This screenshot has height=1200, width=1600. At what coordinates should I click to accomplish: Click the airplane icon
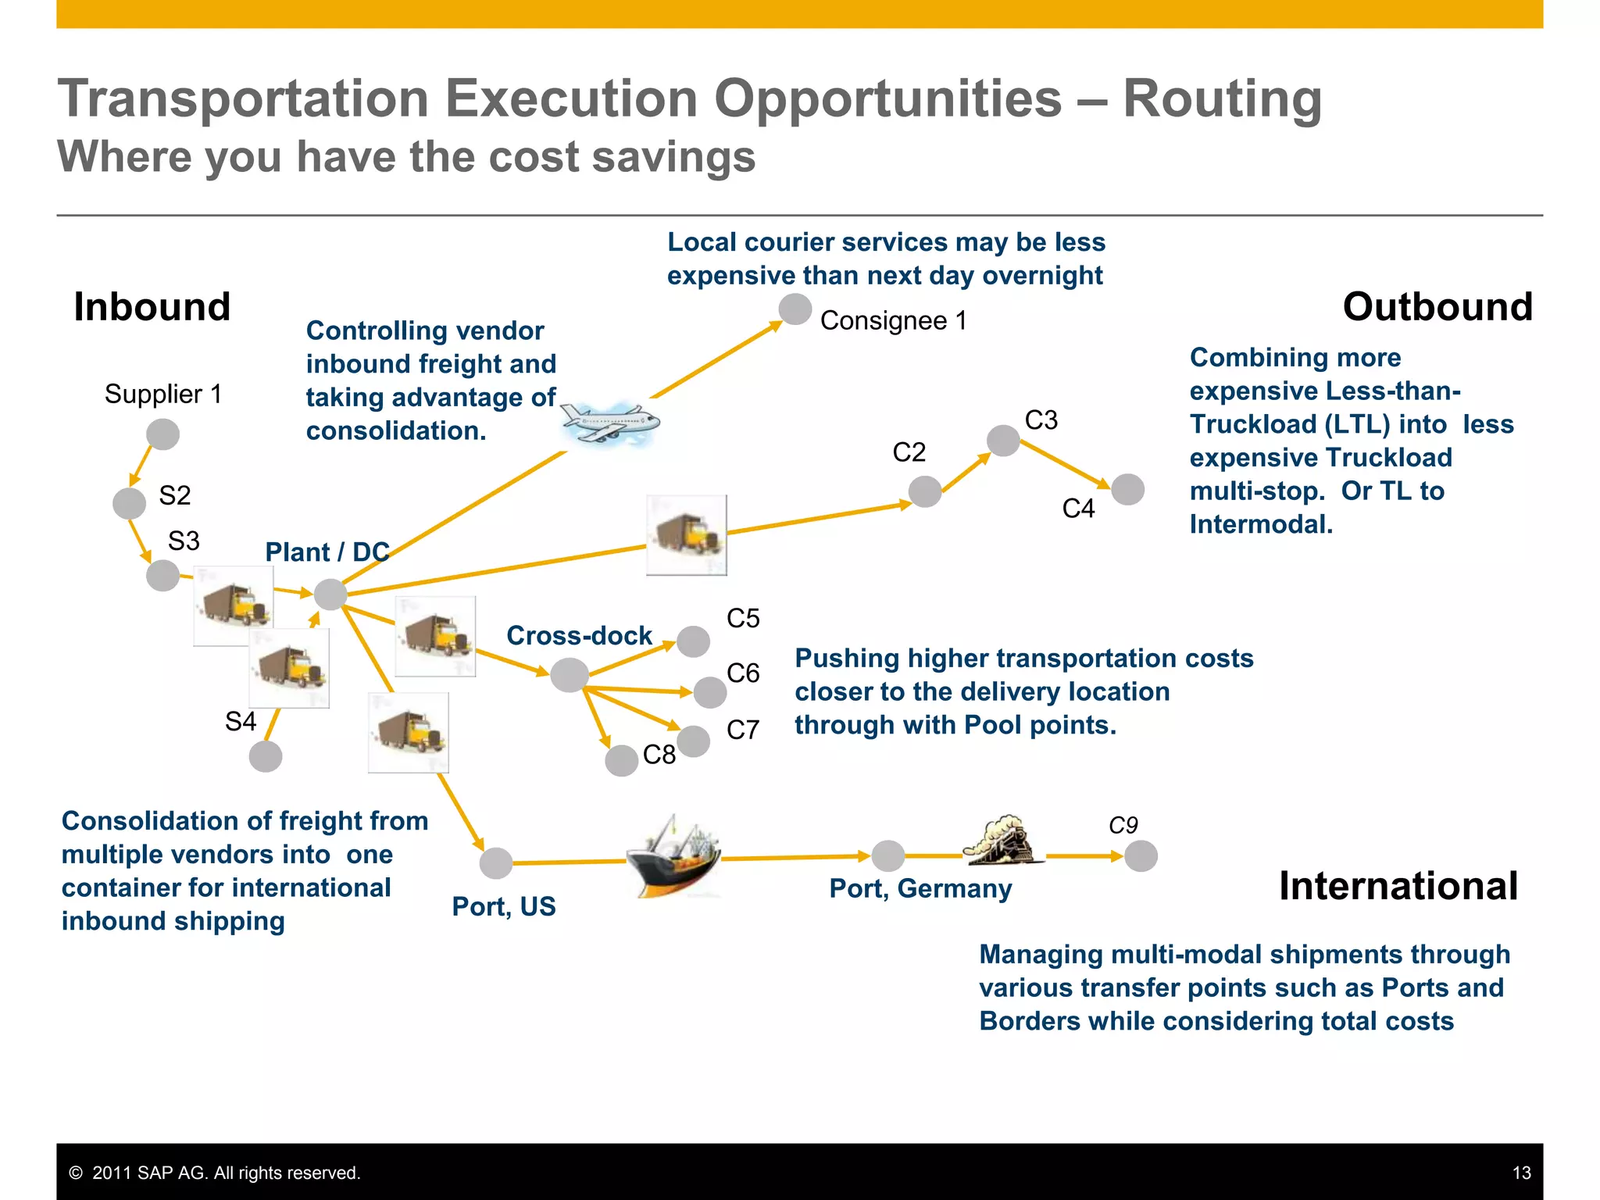tap(609, 423)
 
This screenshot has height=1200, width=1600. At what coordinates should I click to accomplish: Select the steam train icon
tap(1002, 841)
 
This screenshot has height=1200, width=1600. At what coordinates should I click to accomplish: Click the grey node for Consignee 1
tap(795, 309)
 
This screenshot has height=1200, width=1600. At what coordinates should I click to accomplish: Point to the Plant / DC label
tap(327, 552)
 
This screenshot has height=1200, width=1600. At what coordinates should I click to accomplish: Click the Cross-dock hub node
tap(569, 675)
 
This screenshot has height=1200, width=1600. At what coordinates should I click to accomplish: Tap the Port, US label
tap(504, 906)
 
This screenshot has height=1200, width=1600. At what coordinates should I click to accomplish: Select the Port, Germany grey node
tap(888, 856)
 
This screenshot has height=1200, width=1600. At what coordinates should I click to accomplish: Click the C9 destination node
tap(1141, 856)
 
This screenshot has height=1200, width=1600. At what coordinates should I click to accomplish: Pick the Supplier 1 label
tap(163, 394)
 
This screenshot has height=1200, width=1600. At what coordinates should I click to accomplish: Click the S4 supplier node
tap(266, 756)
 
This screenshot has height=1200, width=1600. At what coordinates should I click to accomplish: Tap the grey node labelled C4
tap(1127, 490)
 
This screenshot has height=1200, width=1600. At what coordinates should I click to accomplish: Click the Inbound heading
tap(152, 306)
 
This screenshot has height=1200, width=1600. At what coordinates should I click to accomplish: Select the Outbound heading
tap(1437, 306)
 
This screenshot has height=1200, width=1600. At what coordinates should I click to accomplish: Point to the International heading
tap(1398, 886)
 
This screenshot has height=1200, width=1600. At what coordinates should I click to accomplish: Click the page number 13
tap(1521, 1173)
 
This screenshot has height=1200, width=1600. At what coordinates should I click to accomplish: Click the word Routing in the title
tap(1222, 99)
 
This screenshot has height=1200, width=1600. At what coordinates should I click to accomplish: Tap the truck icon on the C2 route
tap(686, 535)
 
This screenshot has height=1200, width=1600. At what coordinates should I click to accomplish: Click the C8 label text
tap(659, 755)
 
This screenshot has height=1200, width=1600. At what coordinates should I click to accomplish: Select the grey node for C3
tap(1003, 441)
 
